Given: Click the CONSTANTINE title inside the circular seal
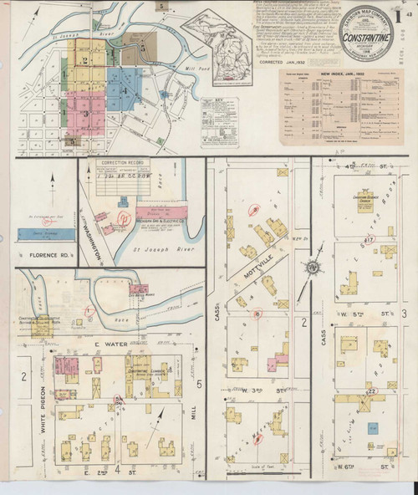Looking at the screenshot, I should coord(365,39).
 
